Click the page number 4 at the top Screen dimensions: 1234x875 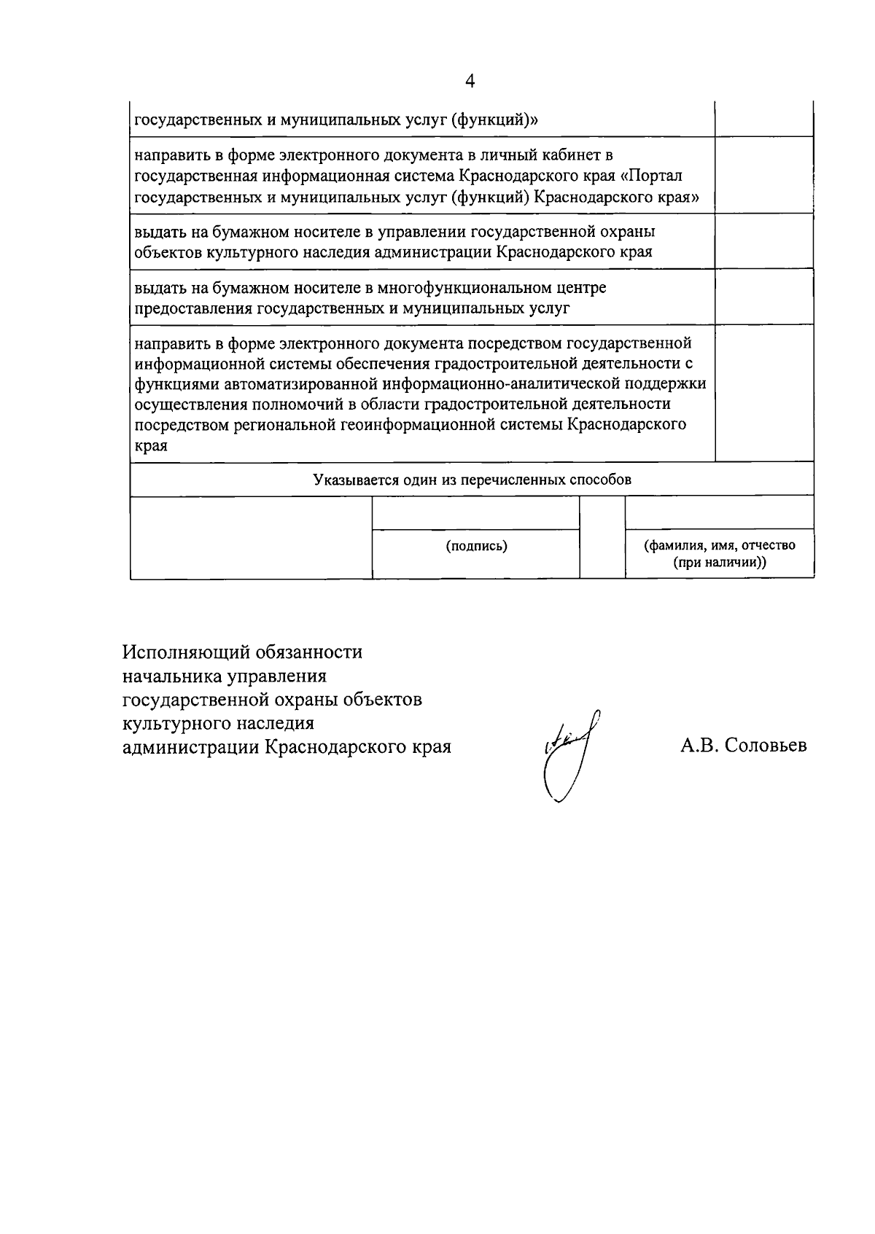pyautogui.click(x=470, y=81)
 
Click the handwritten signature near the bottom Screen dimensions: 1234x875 pyautogui.click(x=569, y=758)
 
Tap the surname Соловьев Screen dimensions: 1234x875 pyautogui.click(x=766, y=746)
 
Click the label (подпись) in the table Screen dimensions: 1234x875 pyautogui.click(x=476, y=546)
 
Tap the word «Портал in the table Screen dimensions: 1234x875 pyautogui.click(x=656, y=176)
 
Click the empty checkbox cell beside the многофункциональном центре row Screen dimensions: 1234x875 pyautogui.click(x=763, y=297)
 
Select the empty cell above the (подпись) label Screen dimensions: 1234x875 pyautogui.click(x=476, y=512)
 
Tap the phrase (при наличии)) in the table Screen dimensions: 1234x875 pyautogui.click(x=719, y=563)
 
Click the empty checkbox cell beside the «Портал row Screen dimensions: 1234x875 pyautogui.click(x=763, y=175)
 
